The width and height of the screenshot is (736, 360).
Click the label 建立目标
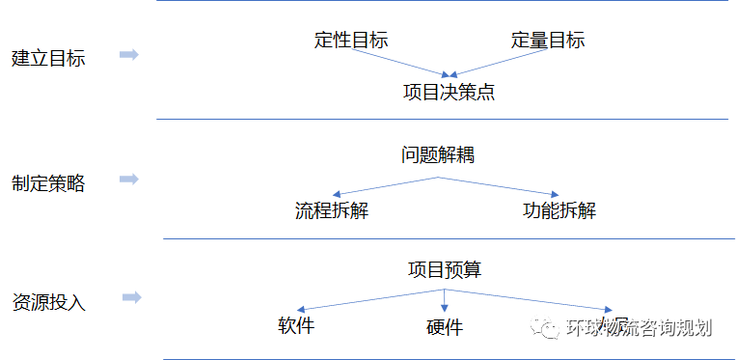coord(48,58)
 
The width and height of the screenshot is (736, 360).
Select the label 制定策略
coord(48,183)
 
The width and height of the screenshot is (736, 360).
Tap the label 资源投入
coord(48,302)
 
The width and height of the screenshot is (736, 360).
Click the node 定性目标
coord(351,41)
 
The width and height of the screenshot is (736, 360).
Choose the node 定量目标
coord(547,41)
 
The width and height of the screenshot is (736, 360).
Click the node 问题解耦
coord(438,154)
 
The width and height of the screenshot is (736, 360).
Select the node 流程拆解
coord(332,209)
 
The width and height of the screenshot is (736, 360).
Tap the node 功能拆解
coord(559,209)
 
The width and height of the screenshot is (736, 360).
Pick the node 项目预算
coord(444,269)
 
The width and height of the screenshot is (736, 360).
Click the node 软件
coord(295,325)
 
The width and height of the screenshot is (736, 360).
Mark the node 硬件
coord(444,327)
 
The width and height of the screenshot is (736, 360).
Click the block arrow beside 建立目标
coord(128,55)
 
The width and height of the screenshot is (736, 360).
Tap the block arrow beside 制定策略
coord(128,180)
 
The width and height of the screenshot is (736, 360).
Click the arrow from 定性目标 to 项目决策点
coord(402,63)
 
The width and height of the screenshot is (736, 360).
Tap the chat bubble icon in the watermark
coord(548,328)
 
